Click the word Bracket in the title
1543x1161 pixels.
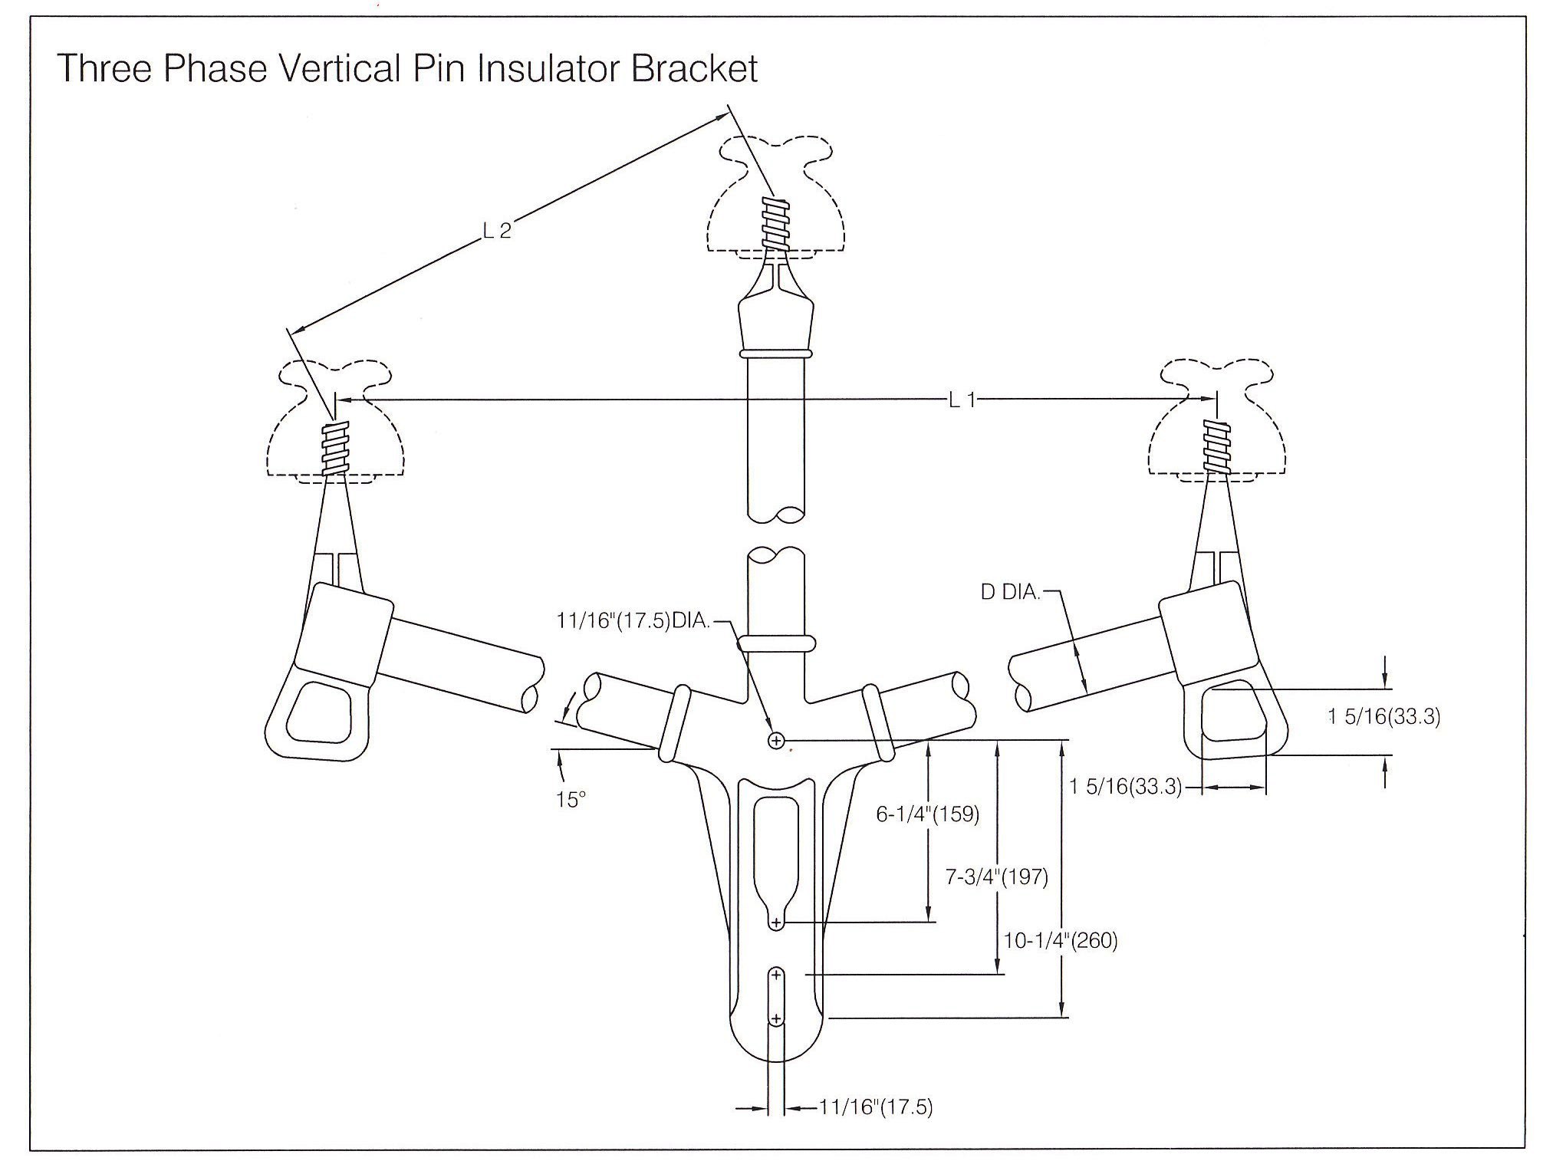[x=694, y=69]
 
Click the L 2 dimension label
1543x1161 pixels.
[x=497, y=231]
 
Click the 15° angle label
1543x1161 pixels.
[x=571, y=800]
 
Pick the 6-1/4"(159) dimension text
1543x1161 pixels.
[x=928, y=814]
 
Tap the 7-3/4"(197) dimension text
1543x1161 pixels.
[x=996, y=877]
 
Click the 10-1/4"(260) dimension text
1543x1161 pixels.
[x=1061, y=940]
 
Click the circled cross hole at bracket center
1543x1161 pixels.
[x=776, y=740]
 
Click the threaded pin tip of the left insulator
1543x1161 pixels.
[x=334, y=449]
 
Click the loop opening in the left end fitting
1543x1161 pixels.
[x=318, y=712]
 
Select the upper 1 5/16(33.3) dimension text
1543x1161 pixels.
[x=1384, y=717]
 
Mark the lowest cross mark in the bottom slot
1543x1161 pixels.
[x=776, y=1019]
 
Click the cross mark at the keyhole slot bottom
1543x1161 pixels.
[x=776, y=922]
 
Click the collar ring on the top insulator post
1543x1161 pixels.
[x=775, y=354]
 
